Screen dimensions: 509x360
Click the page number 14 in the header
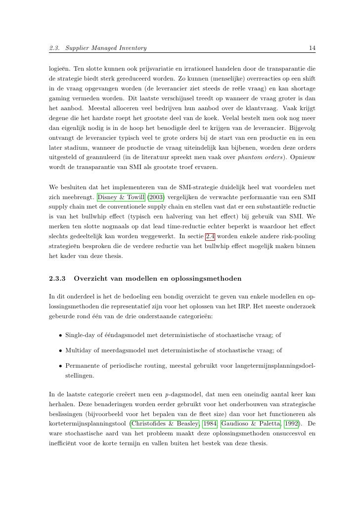(312, 48)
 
